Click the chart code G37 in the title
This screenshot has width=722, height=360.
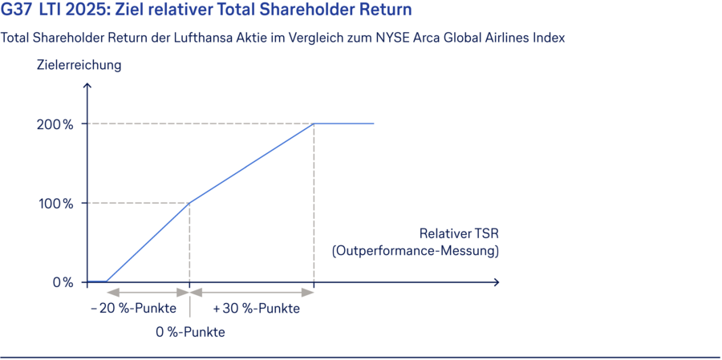(x=16, y=10)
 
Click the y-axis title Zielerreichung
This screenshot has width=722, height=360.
(x=79, y=65)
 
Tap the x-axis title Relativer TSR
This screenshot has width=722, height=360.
(x=459, y=234)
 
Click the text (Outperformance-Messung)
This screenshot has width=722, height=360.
(x=416, y=251)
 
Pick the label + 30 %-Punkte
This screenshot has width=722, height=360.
(x=256, y=309)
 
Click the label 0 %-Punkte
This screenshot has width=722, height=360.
(x=190, y=332)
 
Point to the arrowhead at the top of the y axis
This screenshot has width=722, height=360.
(x=86, y=83)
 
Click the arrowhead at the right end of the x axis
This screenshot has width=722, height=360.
(x=497, y=282)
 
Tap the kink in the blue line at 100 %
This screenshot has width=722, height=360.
(x=189, y=203)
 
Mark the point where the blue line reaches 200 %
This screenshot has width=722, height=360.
(x=314, y=123)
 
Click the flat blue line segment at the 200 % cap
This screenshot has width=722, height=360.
(x=344, y=123)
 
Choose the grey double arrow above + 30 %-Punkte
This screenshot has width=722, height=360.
(x=251, y=293)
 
